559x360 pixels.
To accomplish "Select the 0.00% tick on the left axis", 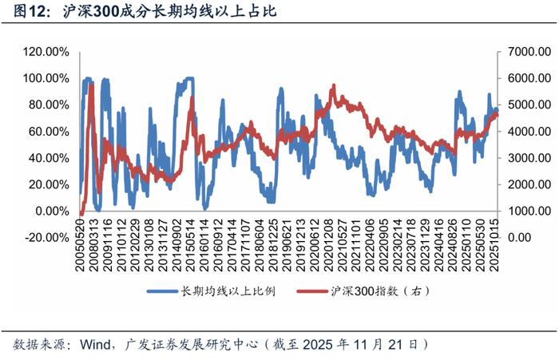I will [x=50, y=211].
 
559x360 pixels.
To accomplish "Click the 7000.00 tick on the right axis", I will [x=522, y=52].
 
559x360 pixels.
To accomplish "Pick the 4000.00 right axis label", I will [x=522, y=131].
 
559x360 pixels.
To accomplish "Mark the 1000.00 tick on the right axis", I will [x=522, y=211].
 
